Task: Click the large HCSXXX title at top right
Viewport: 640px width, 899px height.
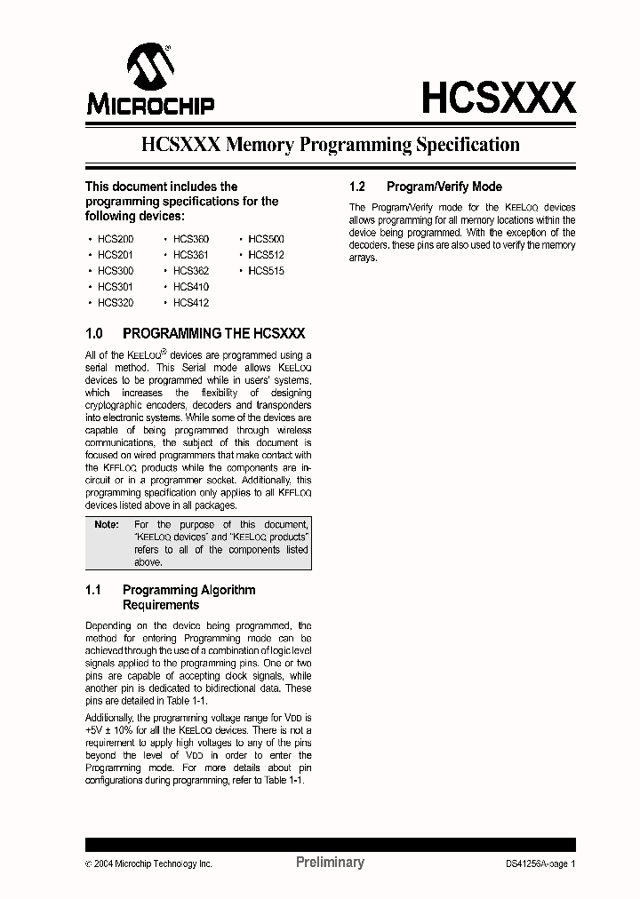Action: (498, 98)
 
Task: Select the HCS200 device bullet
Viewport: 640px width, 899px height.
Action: (116, 239)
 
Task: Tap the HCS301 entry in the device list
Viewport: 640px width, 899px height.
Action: (116, 287)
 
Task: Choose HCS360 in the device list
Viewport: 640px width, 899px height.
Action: (191, 239)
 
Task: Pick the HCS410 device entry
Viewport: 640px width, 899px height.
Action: (191, 287)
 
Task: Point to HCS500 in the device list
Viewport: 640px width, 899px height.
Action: (266, 239)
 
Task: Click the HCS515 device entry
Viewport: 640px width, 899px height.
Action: (266, 271)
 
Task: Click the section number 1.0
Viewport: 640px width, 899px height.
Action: (95, 334)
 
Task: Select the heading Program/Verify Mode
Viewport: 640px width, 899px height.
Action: (444, 187)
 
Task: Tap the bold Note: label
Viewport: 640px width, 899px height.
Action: (107, 525)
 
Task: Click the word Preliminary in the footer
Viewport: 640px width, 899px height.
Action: (329, 863)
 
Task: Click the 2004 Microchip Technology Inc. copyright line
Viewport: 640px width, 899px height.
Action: (148, 863)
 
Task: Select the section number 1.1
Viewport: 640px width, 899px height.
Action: (94, 590)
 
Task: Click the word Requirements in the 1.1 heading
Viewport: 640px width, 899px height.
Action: (161, 605)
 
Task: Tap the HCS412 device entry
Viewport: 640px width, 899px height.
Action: (191, 303)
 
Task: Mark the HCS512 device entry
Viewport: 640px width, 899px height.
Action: (266, 255)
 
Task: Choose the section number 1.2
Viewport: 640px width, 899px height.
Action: (358, 187)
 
